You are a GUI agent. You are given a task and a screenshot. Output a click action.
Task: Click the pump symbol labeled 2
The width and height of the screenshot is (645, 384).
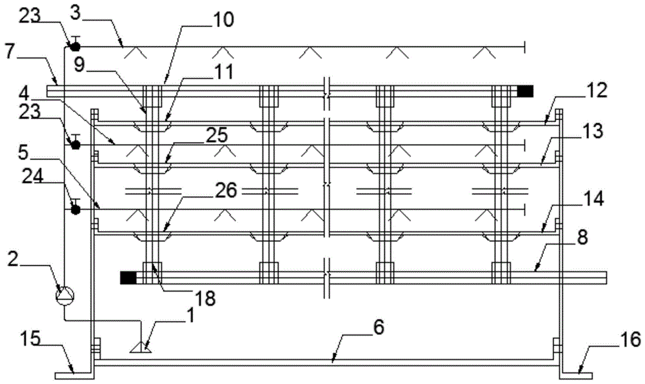click(x=65, y=296)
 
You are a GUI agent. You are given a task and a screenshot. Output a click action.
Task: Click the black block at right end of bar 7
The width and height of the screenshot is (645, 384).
click(x=525, y=92)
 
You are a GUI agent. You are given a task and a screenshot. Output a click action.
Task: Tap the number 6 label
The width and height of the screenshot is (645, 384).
click(x=378, y=327)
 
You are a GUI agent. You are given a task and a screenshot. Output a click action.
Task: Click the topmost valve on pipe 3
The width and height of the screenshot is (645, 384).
click(x=75, y=45)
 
